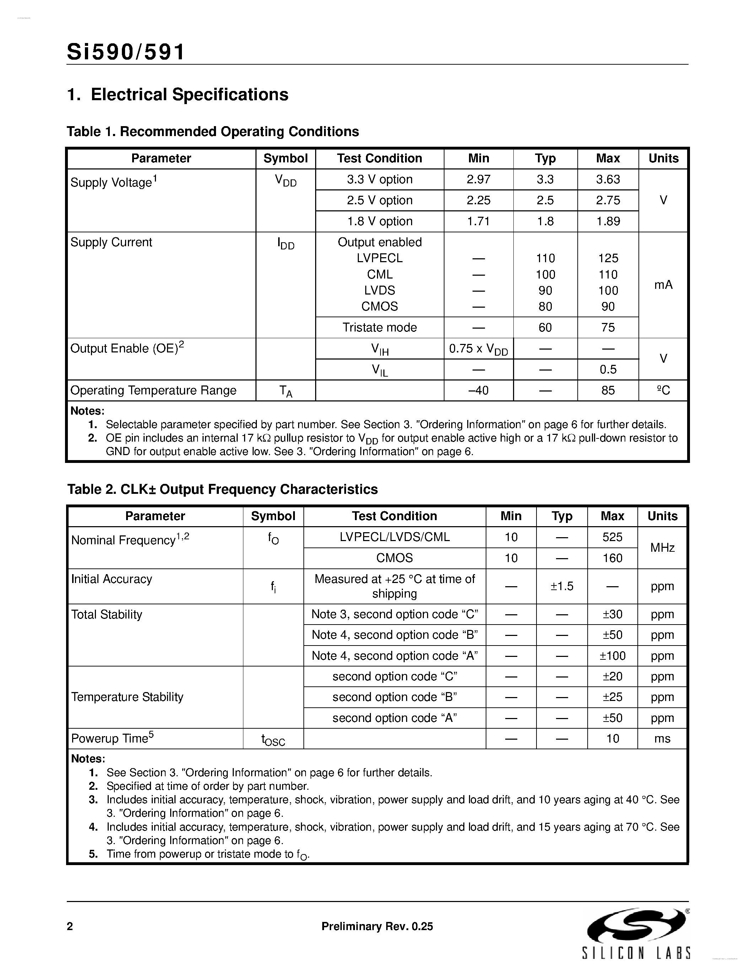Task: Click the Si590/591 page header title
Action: [x=126, y=52]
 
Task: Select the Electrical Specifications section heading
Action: [x=178, y=95]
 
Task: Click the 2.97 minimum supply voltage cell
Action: [x=478, y=179]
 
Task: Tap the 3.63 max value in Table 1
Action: [x=608, y=179]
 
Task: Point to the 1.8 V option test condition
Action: [x=379, y=221]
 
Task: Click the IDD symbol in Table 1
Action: [x=285, y=244]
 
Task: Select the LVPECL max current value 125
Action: [x=608, y=258]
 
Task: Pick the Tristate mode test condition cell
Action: [x=379, y=328]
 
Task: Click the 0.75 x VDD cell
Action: [x=478, y=349]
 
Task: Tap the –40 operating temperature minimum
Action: [x=478, y=390]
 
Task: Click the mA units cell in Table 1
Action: [x=663, y=285]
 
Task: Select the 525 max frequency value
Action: [x=612, y=537]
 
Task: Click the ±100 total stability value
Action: [x=612, y=656]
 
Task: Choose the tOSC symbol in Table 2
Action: [x=273, y=739]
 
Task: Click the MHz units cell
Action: [x=662, y=547]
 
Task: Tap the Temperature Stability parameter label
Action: [x=127, y=697]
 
